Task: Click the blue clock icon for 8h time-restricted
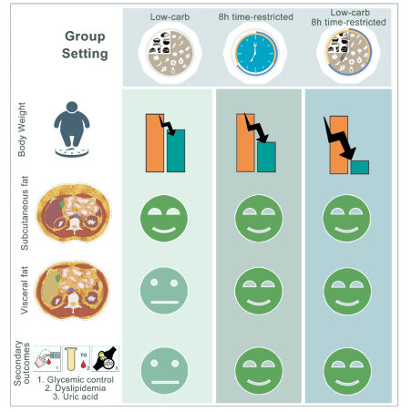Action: pyautogui.click(x=255, y=53)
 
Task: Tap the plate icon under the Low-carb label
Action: pyautogui.click(x=170, y=53)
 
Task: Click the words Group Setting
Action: pyautogui.click(x=85, y=45)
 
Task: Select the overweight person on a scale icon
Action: pyautogui.click(x=72, y=129)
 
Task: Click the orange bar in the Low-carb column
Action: pyautogui.click(x=155, y=143)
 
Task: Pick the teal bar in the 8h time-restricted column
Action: pyautogui.click(x=266, y=157)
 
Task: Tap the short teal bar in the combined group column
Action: pyautogui.click(x=360, y=168)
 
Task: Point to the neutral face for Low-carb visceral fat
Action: pyautogui.click(x=164, y=291)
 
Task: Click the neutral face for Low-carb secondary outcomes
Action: pyautogui.click(x=164, y=371)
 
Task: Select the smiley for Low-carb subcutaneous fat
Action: pyautogui.click(x=164, y=218)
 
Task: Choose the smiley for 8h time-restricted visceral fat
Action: pyautogui.click(x=259, y=291)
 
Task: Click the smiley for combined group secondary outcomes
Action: pyautogui.click(x=347, y=371)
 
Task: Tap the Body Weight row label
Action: pyautogui.click(x=22, y=129)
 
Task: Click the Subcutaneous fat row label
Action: pyautogui.click(x=25, y=213)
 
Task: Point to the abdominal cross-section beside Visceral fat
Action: pyautogui.click(x=72, y=290)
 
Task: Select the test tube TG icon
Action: pyautogui.click(x=77, y=358)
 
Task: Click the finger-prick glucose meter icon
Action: pyautogui.click(x=47, y=358)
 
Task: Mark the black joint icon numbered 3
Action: pyautogui.click(x=106, y=358)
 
